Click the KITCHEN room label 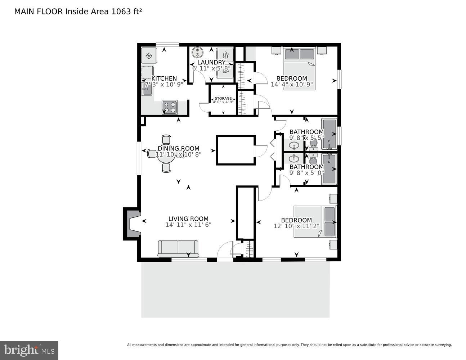(x=164, y=78)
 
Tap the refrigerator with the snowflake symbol (x=148, y=56)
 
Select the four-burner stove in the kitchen (x=169, y=107)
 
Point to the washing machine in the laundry (x=197, y=53)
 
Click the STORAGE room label (x=223, y=98)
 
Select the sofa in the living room (x=178, y=248)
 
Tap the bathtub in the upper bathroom (x=329, y=134)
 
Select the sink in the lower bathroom (x=295, y=158)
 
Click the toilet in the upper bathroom (x=313, y=144)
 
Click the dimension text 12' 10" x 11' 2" (x=296, y=226)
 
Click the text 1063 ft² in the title (x=126, y=12)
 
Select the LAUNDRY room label (x=211, y=63)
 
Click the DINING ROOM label (x=178, y=149)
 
